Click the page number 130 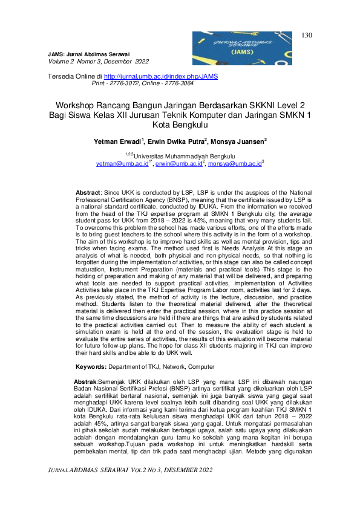click(306, 35)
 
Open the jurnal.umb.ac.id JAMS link click(161, 77)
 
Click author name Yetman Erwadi click(117, 141)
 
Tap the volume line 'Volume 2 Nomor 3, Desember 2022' click(97, 61)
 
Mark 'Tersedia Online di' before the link click(75, 77)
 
